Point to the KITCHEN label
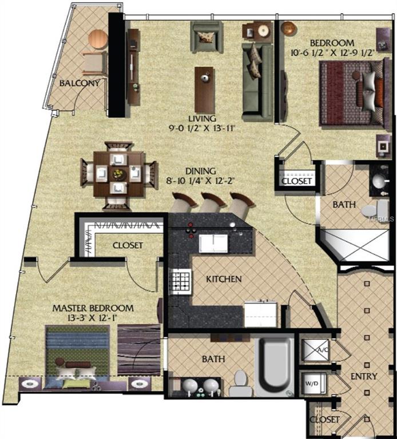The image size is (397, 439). (x=224, y=279)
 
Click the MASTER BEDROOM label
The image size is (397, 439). (x=93, y=308)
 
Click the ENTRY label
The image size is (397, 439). (x=364, y=376)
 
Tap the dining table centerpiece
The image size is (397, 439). (x=119, y=173)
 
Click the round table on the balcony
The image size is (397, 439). (x=98, y=39)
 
